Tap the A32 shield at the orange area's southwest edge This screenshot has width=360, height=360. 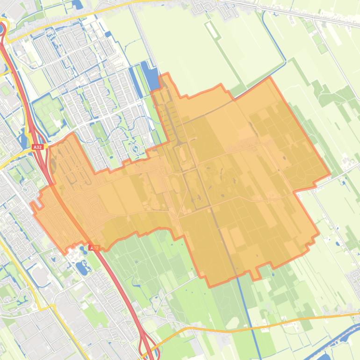click(x=94, y=248)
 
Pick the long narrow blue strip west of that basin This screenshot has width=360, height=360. click(x=136, y=82)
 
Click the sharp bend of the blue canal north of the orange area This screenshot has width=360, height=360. click(x=284, y=61)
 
